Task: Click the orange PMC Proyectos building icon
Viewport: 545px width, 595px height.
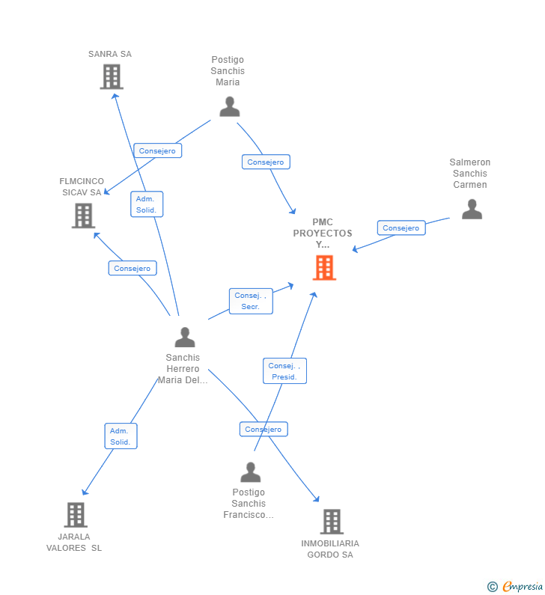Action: click(324, 267)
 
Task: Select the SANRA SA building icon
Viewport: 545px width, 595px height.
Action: click(112, 76)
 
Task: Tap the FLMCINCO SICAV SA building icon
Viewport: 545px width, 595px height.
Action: click(83, 216)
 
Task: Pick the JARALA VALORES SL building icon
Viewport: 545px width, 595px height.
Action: click(76, 515)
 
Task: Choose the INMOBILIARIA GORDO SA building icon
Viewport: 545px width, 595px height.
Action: click(331, 522)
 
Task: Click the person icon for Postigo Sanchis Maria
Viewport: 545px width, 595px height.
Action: click(229, 107)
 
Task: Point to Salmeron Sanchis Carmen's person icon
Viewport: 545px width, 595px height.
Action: click(472, 209)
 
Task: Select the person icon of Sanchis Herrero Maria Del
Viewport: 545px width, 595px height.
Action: click(184, 338)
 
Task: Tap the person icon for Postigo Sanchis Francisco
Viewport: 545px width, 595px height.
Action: click(250, 472)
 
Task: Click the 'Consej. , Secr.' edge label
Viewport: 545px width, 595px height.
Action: click(251, 301)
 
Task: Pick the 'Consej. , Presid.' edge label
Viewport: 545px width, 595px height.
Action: click(284, 371)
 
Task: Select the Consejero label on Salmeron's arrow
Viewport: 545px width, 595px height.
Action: click(401, 228)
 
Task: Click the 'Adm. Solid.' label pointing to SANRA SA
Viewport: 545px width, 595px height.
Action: click(146, 204)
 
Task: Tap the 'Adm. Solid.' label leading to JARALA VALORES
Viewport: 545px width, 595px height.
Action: click(121, 436)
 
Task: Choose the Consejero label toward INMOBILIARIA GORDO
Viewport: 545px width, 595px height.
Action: click(264, 430)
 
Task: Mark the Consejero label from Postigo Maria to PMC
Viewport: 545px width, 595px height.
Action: click(266, 162)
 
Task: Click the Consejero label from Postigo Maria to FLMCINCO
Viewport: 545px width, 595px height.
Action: click(157, 150)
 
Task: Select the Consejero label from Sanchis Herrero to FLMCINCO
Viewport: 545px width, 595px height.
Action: click(133, 268)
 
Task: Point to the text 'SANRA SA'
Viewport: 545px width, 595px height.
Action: click(109, 54)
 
